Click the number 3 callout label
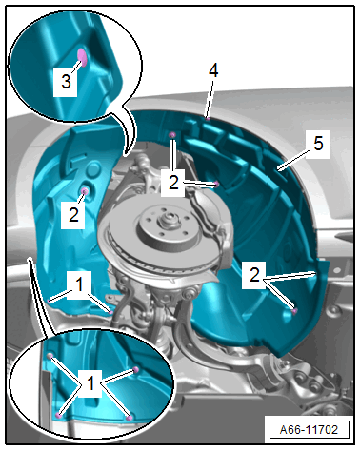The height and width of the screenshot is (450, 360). point(66,82)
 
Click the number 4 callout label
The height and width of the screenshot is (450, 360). point(213,70)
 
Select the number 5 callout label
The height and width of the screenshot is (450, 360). point(318,144)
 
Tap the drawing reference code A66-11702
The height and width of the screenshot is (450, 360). point(309,430)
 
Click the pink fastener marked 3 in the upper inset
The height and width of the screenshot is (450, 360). point(83,57)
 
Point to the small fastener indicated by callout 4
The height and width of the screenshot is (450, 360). point(208,119)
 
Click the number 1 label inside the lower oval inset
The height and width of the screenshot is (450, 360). point(90,383)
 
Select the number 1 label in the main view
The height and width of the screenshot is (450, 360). point(79,284)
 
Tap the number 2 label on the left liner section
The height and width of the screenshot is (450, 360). point(73,215)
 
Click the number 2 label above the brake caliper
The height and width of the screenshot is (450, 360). point(173,183)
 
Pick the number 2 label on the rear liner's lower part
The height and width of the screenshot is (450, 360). point(254,275)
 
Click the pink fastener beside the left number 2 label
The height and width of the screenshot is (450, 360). point(85,191)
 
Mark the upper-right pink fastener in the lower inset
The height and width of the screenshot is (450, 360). point(136,369)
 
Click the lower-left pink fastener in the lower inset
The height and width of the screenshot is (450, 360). point(58,415)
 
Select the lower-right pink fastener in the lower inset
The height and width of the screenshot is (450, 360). point(129,419)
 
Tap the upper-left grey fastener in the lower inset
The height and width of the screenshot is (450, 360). point(50,357)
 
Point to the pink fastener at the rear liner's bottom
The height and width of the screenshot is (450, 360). point(294,311)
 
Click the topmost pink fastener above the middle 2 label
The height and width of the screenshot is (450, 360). point(172,135)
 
